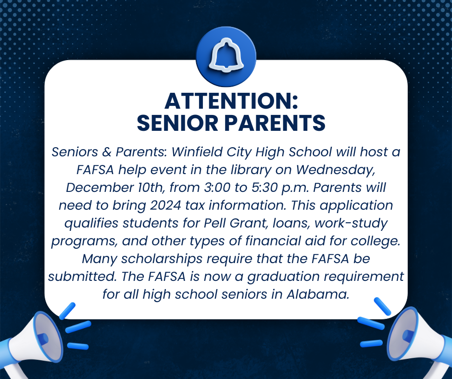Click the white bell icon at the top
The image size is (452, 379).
(226, 56)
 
